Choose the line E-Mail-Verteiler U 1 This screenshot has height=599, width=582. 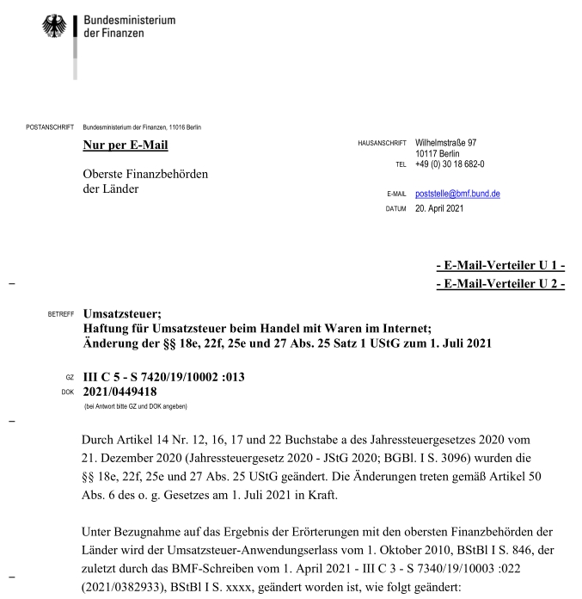click(500, 267)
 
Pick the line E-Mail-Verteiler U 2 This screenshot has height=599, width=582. click(500, 283)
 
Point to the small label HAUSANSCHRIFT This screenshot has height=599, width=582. click(380, 143)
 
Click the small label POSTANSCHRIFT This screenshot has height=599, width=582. click(50, 127)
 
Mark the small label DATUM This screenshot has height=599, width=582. click(396, 207)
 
